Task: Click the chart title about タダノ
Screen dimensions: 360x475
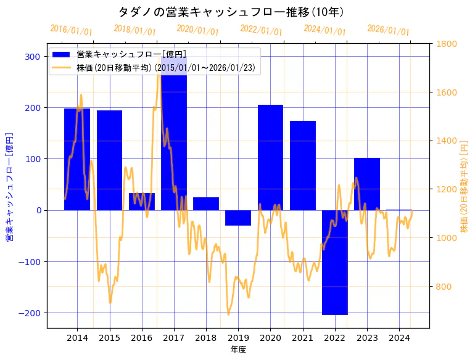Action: pyautogui.click(x=231, y=12)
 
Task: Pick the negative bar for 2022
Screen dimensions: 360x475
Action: pyautogui.click(x=335, y=262)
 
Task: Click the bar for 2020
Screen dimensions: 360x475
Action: pyautogui.click(x=270, y=157)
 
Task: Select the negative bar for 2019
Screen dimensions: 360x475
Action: pyautogui.click(x=238, y=218)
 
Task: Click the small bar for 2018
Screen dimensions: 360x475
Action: pyautogui.click(x=206, y=203)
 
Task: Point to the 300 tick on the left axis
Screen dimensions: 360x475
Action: pyautogui.click(x=33, y=57)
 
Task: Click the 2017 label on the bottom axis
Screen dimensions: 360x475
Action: pyautogui.click(x=174, y=338)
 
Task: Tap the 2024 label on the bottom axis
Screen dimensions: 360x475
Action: pyautogui.click(x=399, y=338)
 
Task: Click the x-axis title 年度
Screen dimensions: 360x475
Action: pyautogui.click(x=238, y=350)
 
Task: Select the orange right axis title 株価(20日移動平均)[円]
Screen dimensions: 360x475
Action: pyautogui.click(x=464, y=186)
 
